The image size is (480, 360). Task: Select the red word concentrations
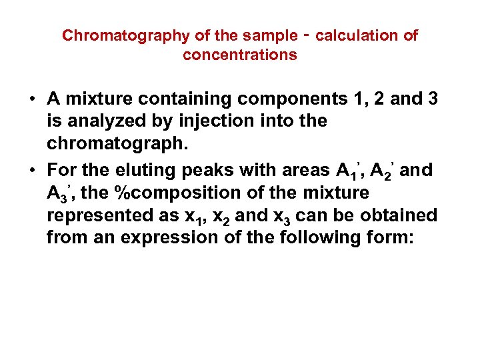click(x=240, y=55)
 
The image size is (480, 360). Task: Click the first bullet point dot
click(x=32, y=100)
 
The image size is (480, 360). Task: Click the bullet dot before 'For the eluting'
click(x=32, y=171)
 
